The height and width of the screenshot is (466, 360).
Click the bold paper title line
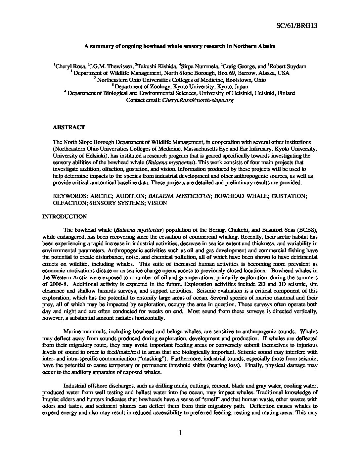click(180, 47)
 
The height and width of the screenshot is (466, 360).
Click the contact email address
click(198, 100)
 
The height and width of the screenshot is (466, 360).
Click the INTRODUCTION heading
click(65, 217)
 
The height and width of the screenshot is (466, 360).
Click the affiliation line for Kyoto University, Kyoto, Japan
click(180, 86)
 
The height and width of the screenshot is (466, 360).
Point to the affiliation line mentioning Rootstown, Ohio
click(180, 80)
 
